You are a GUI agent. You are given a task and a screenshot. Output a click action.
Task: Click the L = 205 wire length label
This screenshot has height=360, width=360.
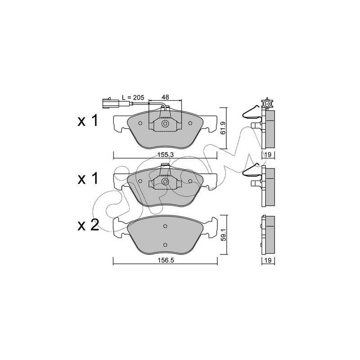coord(133,97)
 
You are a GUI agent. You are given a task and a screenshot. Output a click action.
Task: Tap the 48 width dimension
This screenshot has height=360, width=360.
coord(165,97)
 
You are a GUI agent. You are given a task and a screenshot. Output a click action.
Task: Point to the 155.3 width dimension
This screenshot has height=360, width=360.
coord(165,155)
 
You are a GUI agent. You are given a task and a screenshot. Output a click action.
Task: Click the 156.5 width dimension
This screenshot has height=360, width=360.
coord(165,260)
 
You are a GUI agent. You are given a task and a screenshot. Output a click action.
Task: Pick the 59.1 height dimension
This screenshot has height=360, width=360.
coord(224,235)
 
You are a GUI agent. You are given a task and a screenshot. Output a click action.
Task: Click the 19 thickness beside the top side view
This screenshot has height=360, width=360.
coord(268,155)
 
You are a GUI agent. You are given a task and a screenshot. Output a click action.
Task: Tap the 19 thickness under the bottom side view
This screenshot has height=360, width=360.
coord(268,260)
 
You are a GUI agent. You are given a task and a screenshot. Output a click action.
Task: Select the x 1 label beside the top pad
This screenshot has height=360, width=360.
coord(88,121)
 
